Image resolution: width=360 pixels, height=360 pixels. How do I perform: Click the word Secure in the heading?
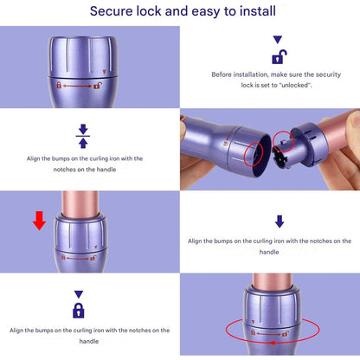click(x=111, y=11)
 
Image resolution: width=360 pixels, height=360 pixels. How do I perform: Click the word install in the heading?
click(x=258, y=11)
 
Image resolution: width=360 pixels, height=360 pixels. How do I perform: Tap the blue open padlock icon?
click(x=280, y=57)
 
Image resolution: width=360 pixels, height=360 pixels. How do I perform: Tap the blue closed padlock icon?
click(x=79, y=311)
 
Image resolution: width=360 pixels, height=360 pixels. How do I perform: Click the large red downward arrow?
click(x=39, y=221)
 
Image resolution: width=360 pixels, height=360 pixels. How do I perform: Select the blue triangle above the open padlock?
click(x=278, y=40)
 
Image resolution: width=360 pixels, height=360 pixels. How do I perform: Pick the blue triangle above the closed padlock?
click(x=79, y=294)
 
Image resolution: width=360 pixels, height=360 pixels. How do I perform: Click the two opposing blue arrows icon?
click(x=83, y=136)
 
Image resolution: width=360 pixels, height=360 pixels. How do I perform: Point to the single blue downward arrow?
click(x=280, y=222)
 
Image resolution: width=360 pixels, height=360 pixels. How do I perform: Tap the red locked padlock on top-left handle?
click(x=59, y=85)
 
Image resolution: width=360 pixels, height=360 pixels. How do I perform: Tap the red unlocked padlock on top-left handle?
click(x=98, y=86)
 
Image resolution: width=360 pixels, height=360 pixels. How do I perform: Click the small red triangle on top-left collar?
click(x=104, y=72)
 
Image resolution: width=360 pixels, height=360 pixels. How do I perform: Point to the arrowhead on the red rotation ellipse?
click(x=271, y=343)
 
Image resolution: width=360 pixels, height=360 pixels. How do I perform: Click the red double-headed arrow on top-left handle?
click(x=77, y=86)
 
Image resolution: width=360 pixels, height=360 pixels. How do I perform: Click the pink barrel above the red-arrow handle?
click(x=80, y=204)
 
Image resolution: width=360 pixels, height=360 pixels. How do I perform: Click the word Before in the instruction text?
click(x=222, y=74)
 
